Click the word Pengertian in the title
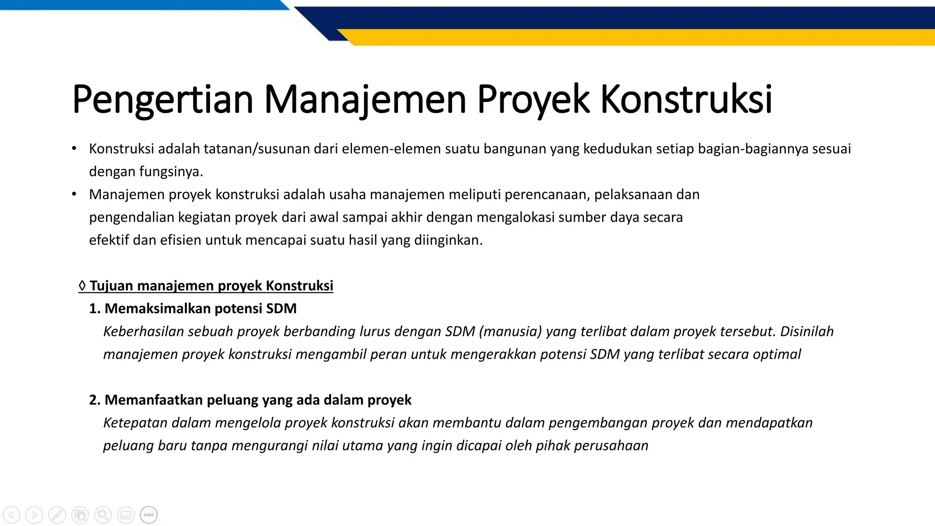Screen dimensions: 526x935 162,100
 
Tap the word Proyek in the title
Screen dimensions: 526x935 533,100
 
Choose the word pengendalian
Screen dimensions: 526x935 131,217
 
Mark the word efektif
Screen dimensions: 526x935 109,240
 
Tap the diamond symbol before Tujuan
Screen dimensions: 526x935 82,286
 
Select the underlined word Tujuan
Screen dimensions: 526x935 111,286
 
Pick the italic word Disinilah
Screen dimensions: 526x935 807,331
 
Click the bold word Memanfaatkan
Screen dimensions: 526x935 153,400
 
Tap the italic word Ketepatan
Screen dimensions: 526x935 135,423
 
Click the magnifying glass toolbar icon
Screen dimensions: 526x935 103,515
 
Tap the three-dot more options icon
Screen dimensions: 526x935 149,515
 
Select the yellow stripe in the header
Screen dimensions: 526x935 639,37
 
